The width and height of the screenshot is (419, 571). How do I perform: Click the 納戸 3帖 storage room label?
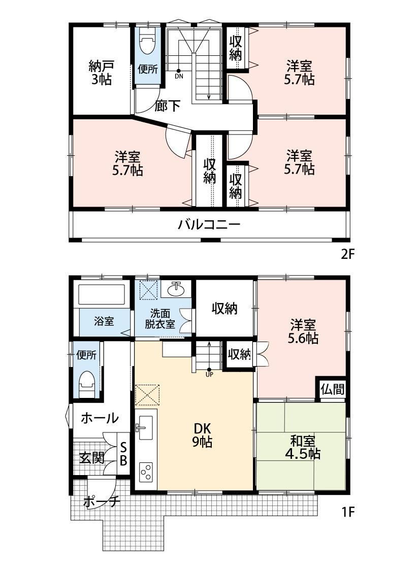click(101, 73)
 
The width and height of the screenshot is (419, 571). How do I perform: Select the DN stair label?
click(179, 76)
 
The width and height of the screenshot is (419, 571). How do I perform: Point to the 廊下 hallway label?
click(168, 106)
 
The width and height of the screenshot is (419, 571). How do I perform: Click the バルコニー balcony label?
click(209, 224)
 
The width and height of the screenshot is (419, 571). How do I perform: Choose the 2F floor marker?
click(347, 254)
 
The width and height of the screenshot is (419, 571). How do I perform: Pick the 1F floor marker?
click(348, 512)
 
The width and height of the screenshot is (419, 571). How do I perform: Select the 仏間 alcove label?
click(332, 389)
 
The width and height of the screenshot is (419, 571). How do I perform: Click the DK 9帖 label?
click(202, 435)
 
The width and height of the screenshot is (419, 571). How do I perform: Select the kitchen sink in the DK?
click(146, 428)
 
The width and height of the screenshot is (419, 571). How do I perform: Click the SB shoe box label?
click(123, 454)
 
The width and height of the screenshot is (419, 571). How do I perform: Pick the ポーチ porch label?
click(102, 502)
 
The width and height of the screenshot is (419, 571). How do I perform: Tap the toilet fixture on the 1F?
click(87, 384)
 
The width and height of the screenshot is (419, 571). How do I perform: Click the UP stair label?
click(209, 375)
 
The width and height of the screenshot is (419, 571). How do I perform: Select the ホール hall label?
click(100, 418)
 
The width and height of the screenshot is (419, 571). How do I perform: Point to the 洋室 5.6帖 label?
click(303, 331)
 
